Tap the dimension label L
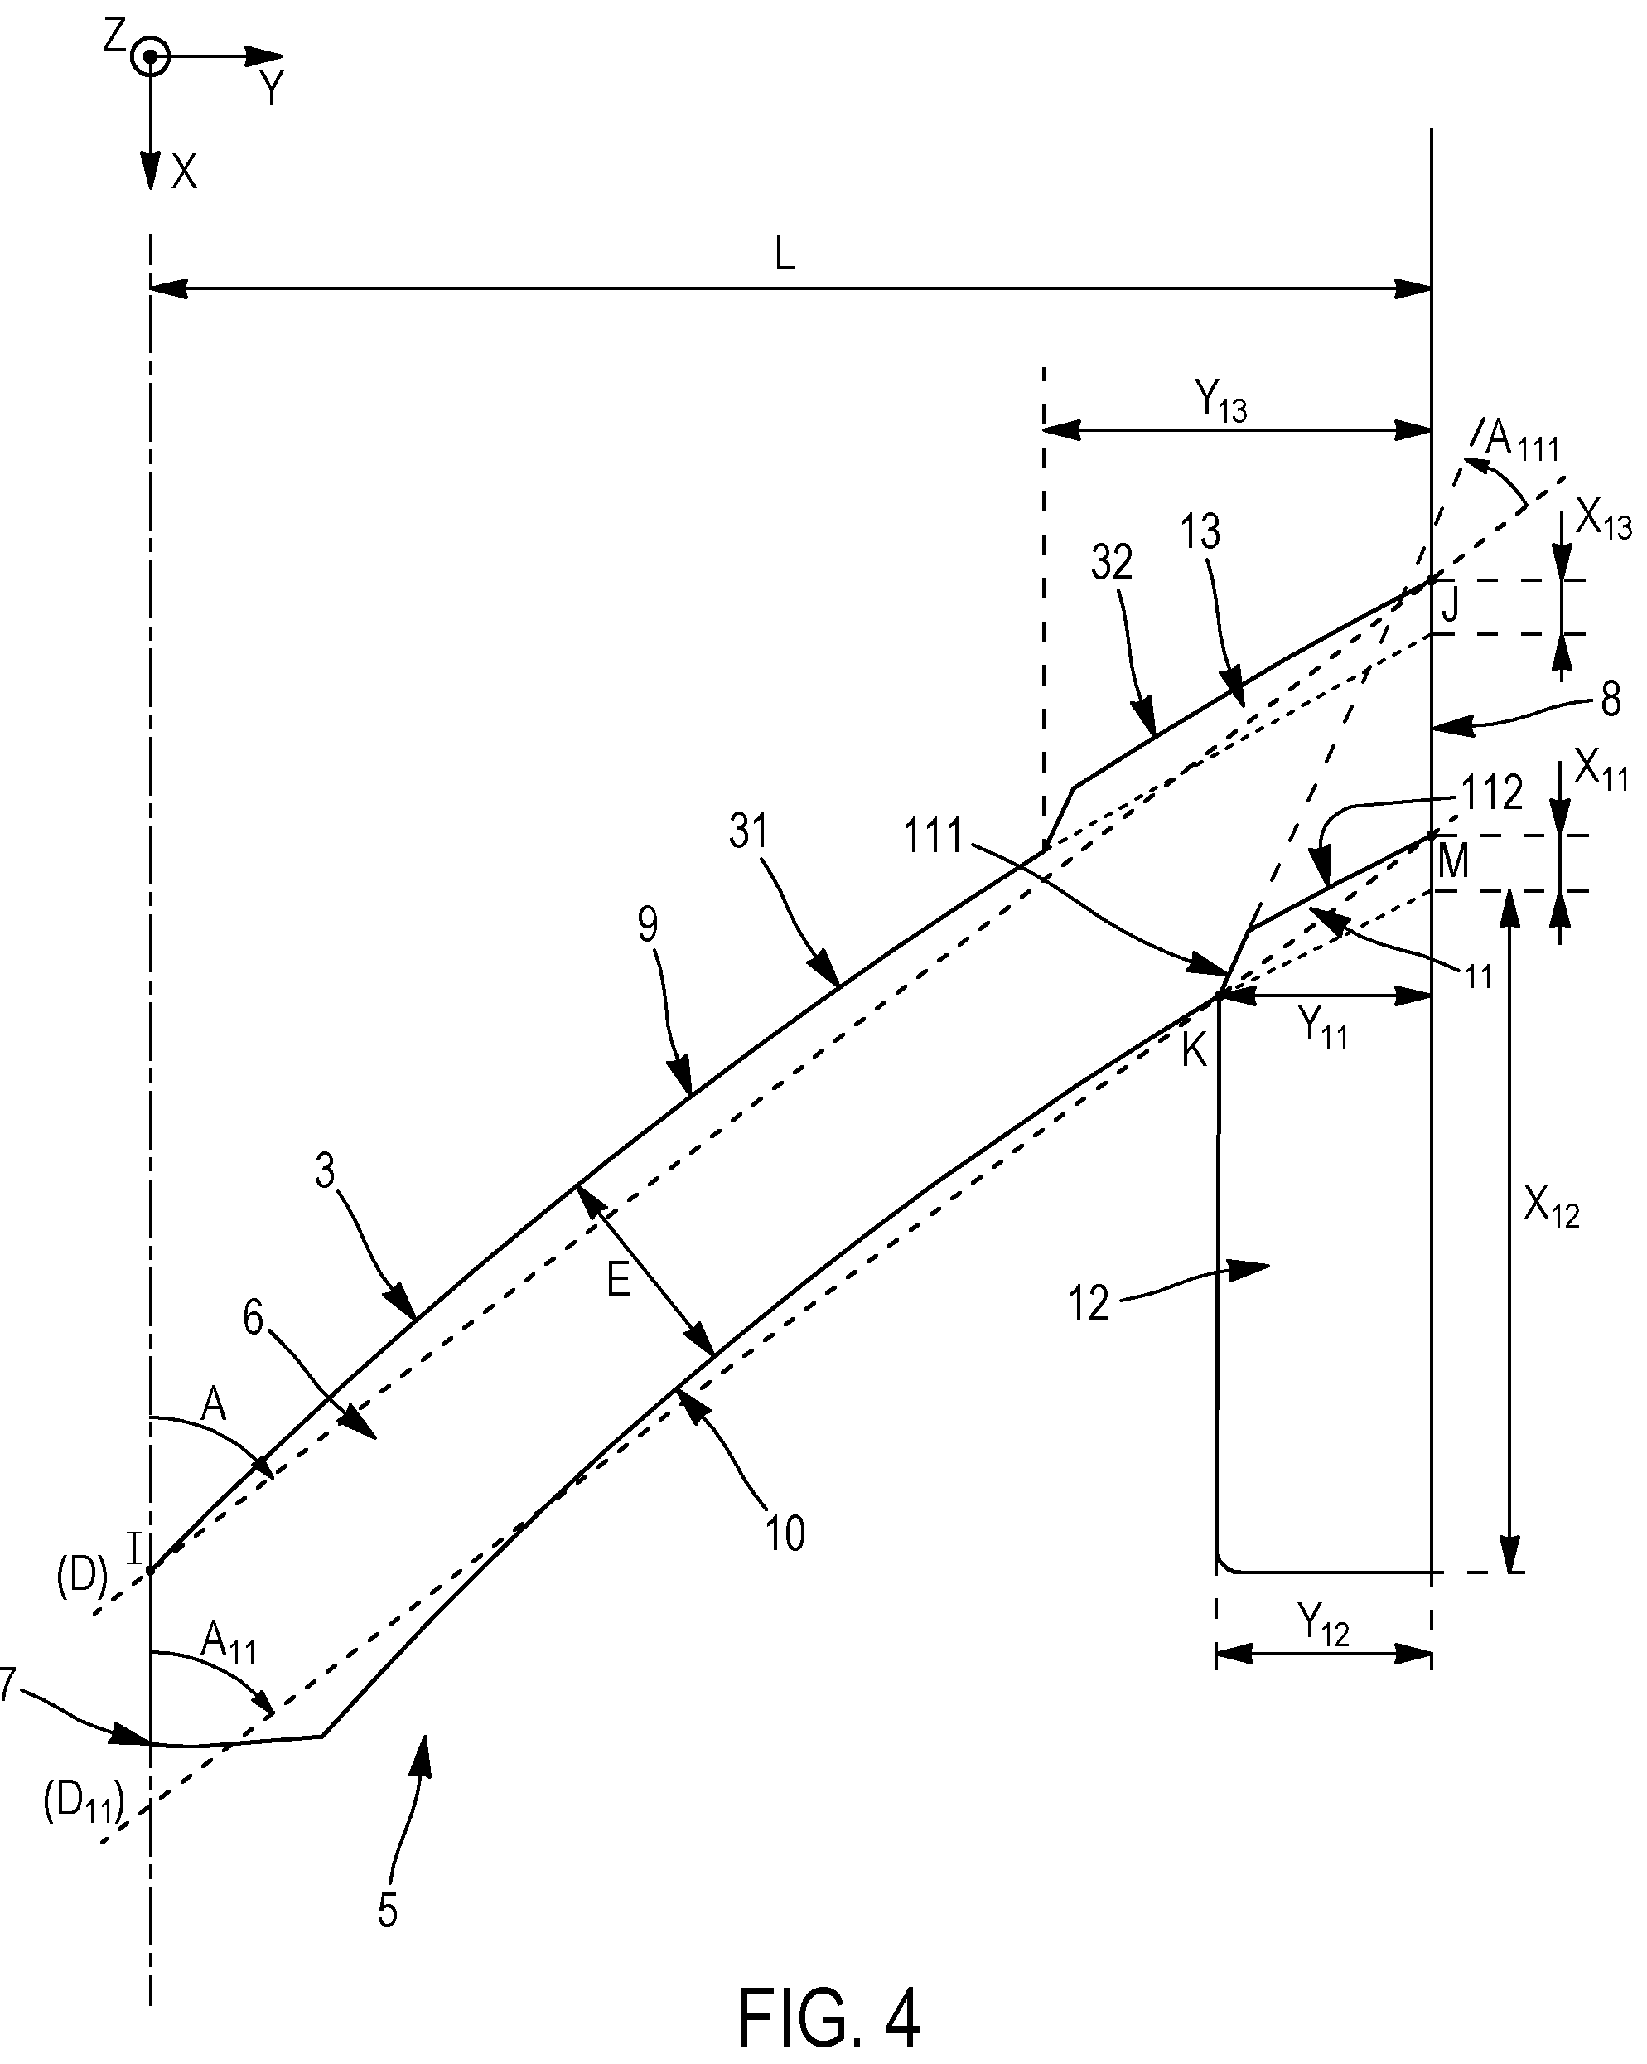point(785,254)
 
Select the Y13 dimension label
point(1220,403)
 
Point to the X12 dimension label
point(1550,1209)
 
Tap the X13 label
point(1603,521)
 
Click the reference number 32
point(1111,563)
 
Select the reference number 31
point(748,831)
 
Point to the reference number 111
point(932,836)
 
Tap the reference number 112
point(1491,793)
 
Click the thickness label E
point(618,1280)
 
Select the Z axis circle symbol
point(149,57)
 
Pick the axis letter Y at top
point(273,89)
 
